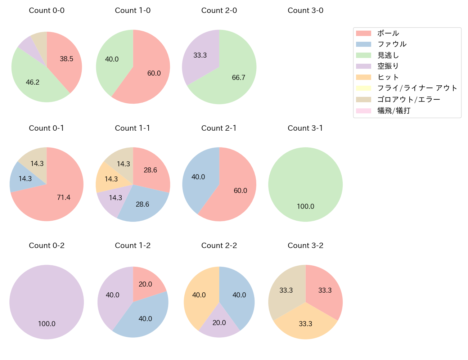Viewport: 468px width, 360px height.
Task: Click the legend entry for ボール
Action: point(388,33)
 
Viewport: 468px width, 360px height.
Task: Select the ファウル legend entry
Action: point(392,44)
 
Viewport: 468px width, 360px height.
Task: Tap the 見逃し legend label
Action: point(388,55)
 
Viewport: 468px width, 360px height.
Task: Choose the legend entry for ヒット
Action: point(388,77)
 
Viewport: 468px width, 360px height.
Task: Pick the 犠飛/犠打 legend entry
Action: point(394,111)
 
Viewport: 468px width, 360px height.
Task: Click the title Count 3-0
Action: point(305,10)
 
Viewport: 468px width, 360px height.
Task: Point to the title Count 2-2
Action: point(219,246)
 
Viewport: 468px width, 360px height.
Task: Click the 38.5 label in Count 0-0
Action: point(67,59)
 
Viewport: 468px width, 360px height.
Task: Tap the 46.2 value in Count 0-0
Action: point(33,82)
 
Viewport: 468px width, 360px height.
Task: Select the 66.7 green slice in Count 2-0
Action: point(238,77)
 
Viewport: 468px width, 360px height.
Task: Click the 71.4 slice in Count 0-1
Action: point(63,197)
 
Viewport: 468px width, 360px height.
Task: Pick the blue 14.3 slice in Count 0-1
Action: point(25,179)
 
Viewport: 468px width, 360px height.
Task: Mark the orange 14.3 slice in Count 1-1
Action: point(111,179)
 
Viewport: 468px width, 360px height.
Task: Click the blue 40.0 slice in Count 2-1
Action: point(198,177)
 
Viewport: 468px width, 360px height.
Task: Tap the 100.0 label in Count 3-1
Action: point(305,206)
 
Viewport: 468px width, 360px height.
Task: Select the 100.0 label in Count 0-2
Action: point(47,324)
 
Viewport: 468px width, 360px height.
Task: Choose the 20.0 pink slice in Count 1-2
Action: point(145,284)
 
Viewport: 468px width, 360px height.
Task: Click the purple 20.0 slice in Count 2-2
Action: point(219,323)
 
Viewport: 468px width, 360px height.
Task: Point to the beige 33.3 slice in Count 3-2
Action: point(286,290)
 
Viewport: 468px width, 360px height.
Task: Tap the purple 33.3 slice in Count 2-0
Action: point(200,55)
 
